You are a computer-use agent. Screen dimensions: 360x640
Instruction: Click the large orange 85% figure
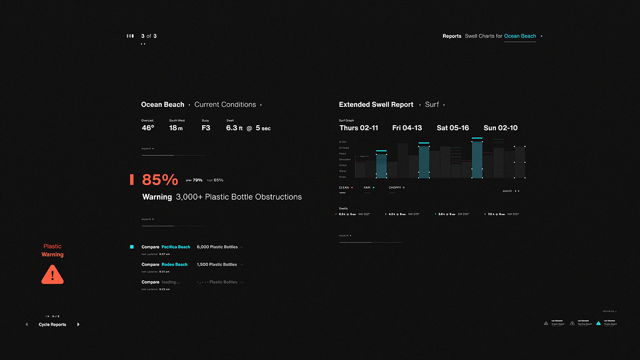160,180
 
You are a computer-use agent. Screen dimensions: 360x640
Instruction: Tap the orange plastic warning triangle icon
53,274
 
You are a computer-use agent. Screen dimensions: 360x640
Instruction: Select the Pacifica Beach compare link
176,247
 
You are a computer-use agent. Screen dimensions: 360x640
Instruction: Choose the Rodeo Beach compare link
174,265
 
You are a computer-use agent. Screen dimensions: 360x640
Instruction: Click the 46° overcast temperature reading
148,128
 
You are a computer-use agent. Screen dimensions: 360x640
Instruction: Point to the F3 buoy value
206,128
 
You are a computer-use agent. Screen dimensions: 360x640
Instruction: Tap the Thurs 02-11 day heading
359,128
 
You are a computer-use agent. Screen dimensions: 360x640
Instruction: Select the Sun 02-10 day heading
501,128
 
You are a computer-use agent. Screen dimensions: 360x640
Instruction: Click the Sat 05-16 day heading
453,128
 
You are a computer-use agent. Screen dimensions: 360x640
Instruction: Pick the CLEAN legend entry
344,188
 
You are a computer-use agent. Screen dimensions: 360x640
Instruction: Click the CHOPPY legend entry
395,188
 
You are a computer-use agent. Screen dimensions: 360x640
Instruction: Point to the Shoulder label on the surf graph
345,159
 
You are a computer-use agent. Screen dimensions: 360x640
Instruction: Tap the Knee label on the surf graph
342,177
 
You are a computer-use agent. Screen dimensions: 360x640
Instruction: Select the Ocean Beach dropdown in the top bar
520,36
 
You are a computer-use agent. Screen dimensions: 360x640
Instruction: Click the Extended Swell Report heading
376,105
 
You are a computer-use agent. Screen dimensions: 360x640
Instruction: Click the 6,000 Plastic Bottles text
217,247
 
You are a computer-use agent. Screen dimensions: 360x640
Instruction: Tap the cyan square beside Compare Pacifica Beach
132,247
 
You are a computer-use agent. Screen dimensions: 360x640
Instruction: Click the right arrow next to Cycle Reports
78,324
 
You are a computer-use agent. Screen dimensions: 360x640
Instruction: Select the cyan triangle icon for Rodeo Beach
598,323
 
